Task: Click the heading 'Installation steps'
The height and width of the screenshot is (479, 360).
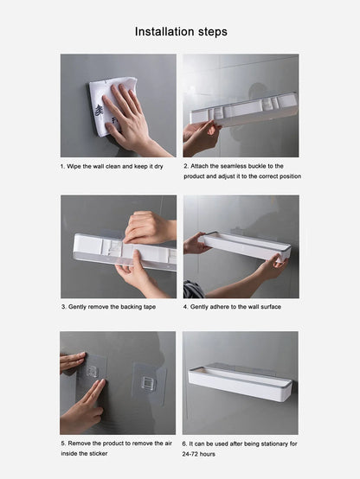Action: tap(181, 32)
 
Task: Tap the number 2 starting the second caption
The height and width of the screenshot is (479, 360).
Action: tap(185, 166)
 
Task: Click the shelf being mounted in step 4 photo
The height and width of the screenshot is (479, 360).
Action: tap(247, 245)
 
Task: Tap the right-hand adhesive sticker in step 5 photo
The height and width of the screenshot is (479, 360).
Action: tap(149, 380)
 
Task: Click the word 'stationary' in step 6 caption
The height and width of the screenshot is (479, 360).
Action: tap(262, 444)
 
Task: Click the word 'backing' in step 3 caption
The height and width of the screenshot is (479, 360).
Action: tap(130, 307)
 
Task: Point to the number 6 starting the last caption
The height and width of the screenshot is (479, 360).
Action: tap(185, 444)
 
